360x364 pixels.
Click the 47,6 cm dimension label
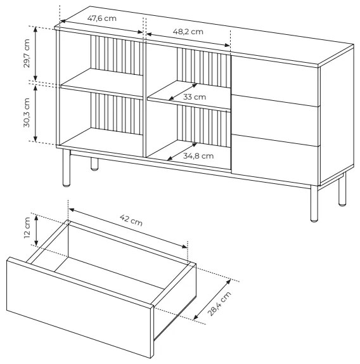coord(102,18)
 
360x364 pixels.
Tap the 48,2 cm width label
coord(188,32)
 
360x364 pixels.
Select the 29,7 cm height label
coord(27,53)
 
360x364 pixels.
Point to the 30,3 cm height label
coord(27,113)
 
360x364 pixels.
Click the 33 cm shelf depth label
coord(195,97)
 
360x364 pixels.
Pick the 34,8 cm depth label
coord(198,156)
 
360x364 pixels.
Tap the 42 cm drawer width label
coord(131,220)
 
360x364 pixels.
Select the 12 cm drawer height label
coord(27,228)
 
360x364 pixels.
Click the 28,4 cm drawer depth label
coord(219,304)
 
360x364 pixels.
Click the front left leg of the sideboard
coord(67,168)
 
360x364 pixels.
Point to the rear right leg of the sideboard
coord(342,190)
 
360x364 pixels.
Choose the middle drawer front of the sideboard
coord(275,120)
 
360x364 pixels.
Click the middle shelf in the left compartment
coord(101,84)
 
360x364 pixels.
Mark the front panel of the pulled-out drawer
coord(80,308)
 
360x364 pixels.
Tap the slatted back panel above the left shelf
coord(117,55)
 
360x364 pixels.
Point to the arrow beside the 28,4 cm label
coord(212,300)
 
